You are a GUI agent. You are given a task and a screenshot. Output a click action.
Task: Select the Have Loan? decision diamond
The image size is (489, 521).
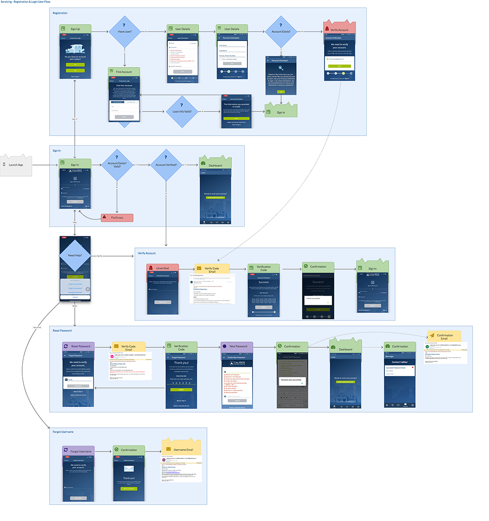(x=124, y=31)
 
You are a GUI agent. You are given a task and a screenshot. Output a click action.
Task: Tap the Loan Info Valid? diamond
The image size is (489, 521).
(x=182, y=111)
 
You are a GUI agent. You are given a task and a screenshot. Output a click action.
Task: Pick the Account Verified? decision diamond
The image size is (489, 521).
(x=165, y=165)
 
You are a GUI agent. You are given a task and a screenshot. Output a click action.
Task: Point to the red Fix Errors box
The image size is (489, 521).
(x=117, y=218)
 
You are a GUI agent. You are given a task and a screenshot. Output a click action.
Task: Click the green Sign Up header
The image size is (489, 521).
(x=75, y=29)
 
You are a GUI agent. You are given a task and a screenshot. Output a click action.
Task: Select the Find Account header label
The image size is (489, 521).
(x=123, y=72)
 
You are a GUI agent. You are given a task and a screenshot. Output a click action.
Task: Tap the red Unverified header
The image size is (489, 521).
(x=163, y=268)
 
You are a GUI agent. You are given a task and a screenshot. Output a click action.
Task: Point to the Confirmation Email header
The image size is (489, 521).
(x=444, y=336)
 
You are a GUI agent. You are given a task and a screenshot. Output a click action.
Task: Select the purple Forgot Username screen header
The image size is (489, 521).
(x=78, y=451)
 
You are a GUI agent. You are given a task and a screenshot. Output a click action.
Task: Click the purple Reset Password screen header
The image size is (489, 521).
(x=78, y=346)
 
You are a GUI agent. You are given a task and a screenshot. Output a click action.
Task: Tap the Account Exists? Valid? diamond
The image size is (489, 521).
(x=117, y=165)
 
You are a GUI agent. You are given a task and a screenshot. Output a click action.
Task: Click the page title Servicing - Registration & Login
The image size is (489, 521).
(x=25, y=2)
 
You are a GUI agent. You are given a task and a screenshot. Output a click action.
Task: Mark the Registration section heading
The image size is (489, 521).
(x=60, y=13)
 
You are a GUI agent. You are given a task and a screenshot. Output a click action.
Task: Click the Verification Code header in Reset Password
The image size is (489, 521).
(x=181, y=346)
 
